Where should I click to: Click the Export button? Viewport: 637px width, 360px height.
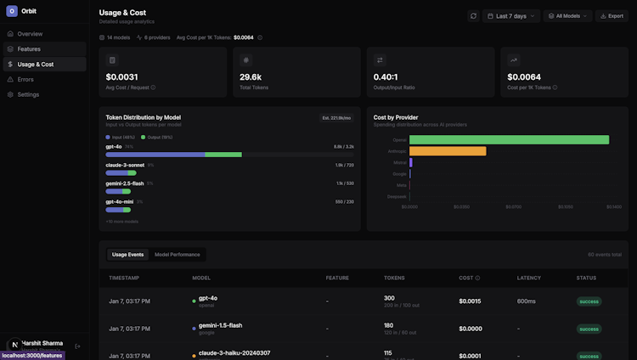click(612, 16)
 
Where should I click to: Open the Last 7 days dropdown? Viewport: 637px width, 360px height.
click(511, 16)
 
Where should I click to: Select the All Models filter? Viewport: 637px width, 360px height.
click(567, 16)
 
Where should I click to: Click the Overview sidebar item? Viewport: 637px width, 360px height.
click(30, 34)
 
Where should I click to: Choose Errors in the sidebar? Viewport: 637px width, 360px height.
click(26, 80)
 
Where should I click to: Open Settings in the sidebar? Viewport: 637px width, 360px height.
click(28, 95)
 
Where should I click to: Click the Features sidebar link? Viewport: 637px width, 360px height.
click(29, 49)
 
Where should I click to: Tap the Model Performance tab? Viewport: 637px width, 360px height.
click(178, 255)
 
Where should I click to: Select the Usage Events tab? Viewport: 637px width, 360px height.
click(127, 255)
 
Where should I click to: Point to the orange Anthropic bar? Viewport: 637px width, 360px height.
click(448, 151)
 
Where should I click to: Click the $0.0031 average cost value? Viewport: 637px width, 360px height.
click(122, 77)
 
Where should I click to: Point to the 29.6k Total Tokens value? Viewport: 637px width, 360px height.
click(251, 77)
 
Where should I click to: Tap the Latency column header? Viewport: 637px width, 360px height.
click(528, 278)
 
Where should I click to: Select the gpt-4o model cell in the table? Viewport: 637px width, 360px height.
click(208, 298)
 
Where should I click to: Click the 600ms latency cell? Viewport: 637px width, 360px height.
click(527, 301)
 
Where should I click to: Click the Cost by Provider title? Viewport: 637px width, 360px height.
click(396, 117)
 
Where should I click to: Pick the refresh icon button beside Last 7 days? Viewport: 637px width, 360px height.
click(473, 16)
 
